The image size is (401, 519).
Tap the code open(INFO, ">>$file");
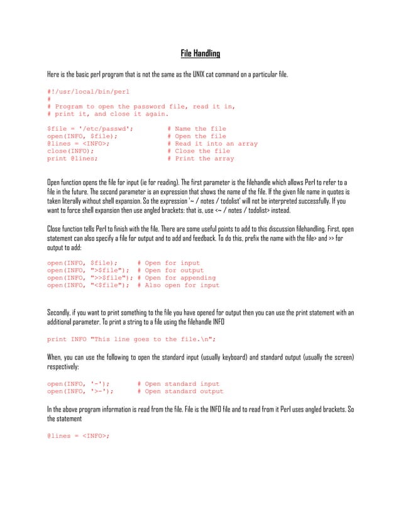(92, 278)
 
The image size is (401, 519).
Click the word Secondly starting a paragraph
(61, 312)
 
